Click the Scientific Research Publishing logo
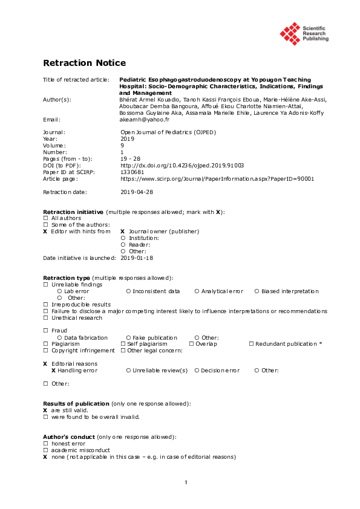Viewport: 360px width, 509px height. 304,33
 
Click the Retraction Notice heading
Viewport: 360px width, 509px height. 84,63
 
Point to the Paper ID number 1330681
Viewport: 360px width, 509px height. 132,172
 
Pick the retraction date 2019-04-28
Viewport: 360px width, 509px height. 137,192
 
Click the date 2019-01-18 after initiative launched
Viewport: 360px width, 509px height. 137,258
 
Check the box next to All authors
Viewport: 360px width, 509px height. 45,218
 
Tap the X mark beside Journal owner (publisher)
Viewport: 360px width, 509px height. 122,232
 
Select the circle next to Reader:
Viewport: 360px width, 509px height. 123,245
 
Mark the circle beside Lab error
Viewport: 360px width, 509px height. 59,291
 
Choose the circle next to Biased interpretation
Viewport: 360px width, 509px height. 257,291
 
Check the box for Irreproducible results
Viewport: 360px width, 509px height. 45,305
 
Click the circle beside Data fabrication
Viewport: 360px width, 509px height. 59,337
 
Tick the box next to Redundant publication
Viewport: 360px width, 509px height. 251,344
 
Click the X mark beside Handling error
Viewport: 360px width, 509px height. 53,370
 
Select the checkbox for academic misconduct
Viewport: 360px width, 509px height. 45,450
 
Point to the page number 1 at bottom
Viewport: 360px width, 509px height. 186,482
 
